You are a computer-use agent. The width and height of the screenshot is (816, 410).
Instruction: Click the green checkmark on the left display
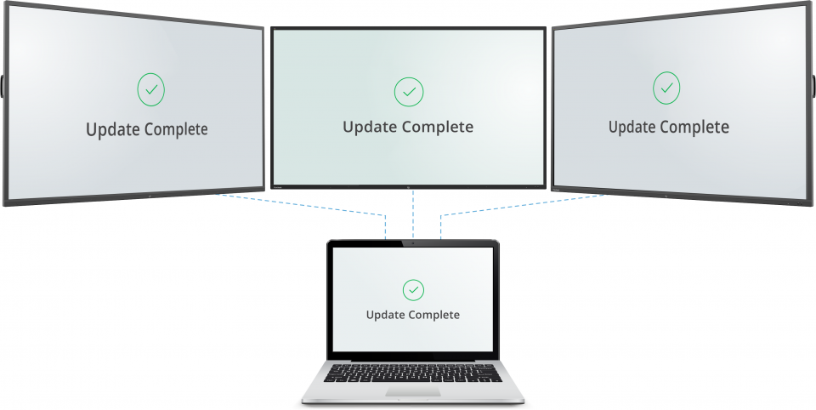pyautogui.click(x=150, y=88)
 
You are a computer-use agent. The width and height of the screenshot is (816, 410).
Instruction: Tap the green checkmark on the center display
pyautogui.click(x=409, y=90)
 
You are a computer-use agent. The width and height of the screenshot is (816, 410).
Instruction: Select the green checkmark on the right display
pyautogui.click(x=666, y=87)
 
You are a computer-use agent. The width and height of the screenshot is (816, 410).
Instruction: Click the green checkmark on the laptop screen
pyautogui.click(x=413, y=290)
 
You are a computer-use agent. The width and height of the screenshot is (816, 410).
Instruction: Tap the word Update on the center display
pyautogui.click(x=370, y=127)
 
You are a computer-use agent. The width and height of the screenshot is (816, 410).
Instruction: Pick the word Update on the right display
pyautogui.click(x=634, y=127)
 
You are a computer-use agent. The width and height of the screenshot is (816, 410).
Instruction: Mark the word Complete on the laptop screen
pyautogui.click(x=433, y=315)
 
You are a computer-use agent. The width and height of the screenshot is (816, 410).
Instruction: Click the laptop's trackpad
pyautogui.click(x=413, y=392)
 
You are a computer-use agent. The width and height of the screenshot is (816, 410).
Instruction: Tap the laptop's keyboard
pyautogui.click(x=413, y=373)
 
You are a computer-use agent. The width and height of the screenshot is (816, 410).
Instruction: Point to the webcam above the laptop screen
pyautogui.click(x=413, y=243)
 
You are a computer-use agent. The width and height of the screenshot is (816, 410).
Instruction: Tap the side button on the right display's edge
pyautogui.click(x=813, y=86)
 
